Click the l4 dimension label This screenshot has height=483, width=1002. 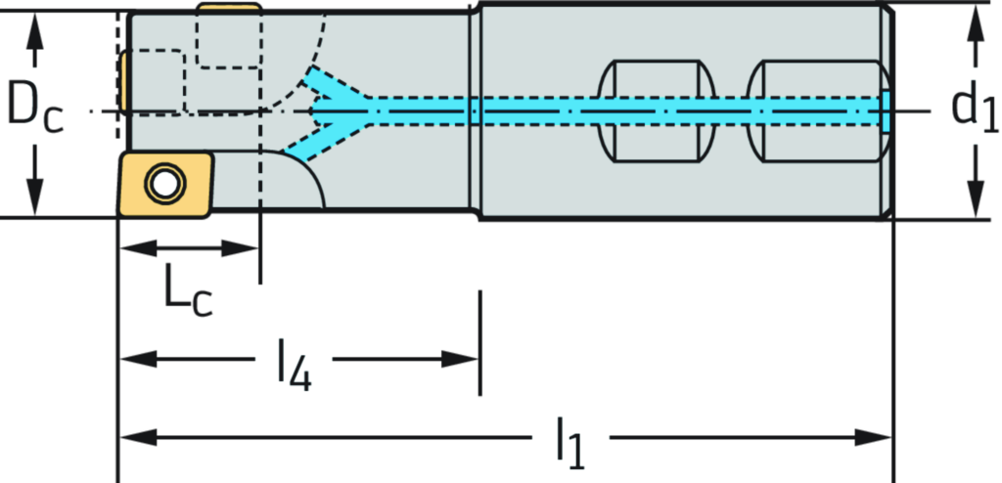tap(294, 359)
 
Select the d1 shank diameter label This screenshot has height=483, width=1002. tap(975, 106)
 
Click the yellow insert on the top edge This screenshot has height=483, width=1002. tap(230, 8)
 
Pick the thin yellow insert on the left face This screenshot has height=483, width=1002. tap(123, 82)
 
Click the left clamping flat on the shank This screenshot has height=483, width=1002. tap(654, 111)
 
